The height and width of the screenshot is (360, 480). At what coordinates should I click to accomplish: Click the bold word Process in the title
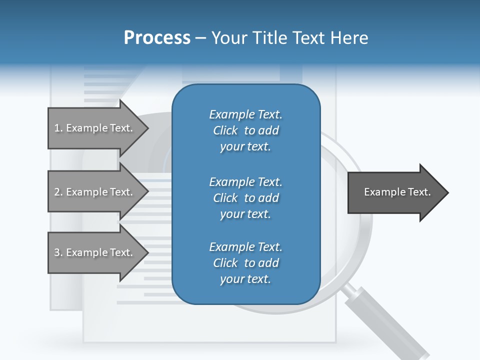point(157,38)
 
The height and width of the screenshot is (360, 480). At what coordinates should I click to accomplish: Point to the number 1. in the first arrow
point(58,128)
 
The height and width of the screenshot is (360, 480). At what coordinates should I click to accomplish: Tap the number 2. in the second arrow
point(58,192)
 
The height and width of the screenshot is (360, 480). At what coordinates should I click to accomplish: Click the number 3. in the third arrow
point(58,252)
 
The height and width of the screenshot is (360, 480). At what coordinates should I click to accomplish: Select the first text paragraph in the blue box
point(245,130)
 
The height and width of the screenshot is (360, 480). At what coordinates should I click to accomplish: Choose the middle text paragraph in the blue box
point(245,197)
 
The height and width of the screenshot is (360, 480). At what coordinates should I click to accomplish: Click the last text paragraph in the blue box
point(245,263)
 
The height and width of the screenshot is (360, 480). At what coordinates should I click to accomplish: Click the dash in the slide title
point(200,38)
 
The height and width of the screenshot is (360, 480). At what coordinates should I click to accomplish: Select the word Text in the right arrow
point(419,192)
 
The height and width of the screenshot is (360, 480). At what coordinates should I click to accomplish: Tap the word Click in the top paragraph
point(225,130)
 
